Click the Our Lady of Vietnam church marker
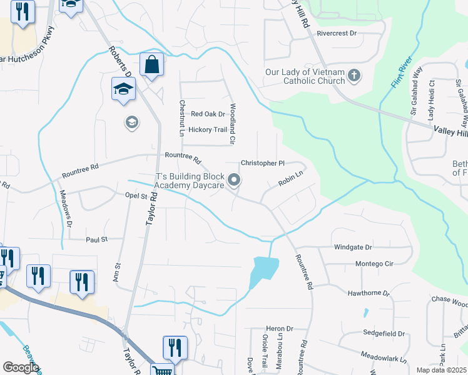(x=354, y=76)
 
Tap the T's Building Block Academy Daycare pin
(x=235, y=181)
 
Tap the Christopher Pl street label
(x=262, y=163)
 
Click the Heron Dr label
(x=279, y=329)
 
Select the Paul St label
(x=97, y=239)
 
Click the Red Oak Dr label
(x=208, y=114)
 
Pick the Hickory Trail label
(x=203, y=130)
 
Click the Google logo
(x=21, y=367)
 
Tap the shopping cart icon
(x=162, y=370)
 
